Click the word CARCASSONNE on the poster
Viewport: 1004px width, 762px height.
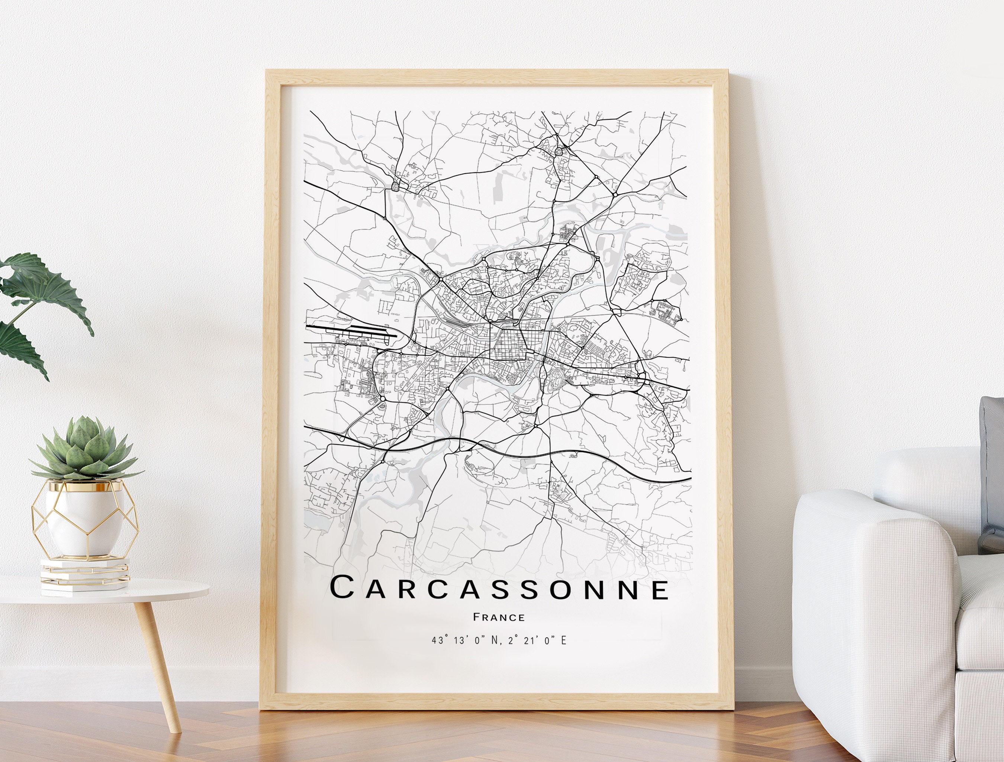tap(499, 589)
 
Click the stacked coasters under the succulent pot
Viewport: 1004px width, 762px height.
tap(84, 575)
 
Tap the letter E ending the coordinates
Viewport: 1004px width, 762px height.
tap(564, 640)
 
